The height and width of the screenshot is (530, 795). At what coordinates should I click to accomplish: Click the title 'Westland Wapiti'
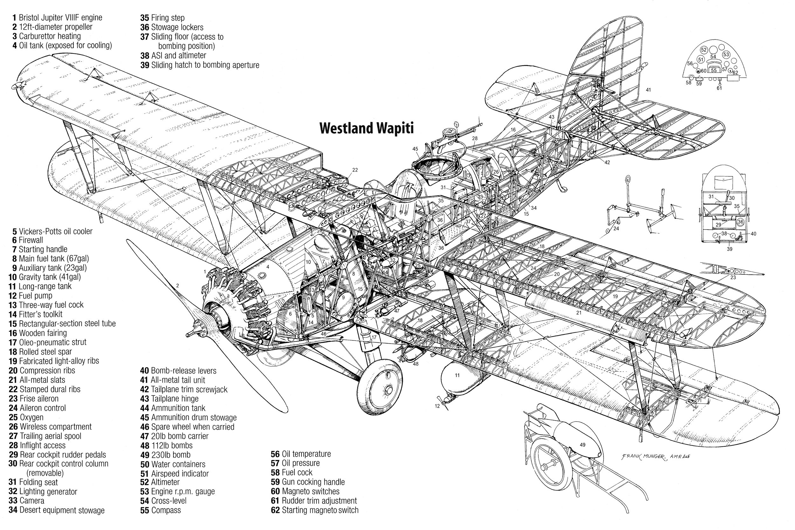point(366,129)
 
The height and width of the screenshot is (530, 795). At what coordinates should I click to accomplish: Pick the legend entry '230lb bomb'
point(170,455)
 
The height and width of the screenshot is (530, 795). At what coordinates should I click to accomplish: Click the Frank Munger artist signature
point(655,456)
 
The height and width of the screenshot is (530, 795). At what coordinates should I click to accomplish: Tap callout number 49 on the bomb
point(582,445)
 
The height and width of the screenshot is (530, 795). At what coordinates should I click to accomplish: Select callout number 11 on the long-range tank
point(457,375)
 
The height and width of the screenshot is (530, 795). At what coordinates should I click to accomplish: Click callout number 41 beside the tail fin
point(648,90)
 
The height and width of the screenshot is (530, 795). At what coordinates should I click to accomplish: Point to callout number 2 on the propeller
point(177,286)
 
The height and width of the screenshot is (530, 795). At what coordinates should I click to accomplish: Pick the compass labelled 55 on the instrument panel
point(714,70)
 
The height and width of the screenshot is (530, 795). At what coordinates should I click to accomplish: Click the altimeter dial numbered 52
point(704,50)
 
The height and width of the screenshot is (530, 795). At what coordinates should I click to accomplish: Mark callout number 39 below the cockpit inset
point(729,249)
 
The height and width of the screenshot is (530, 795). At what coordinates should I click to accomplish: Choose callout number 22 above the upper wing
point(355,170)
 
